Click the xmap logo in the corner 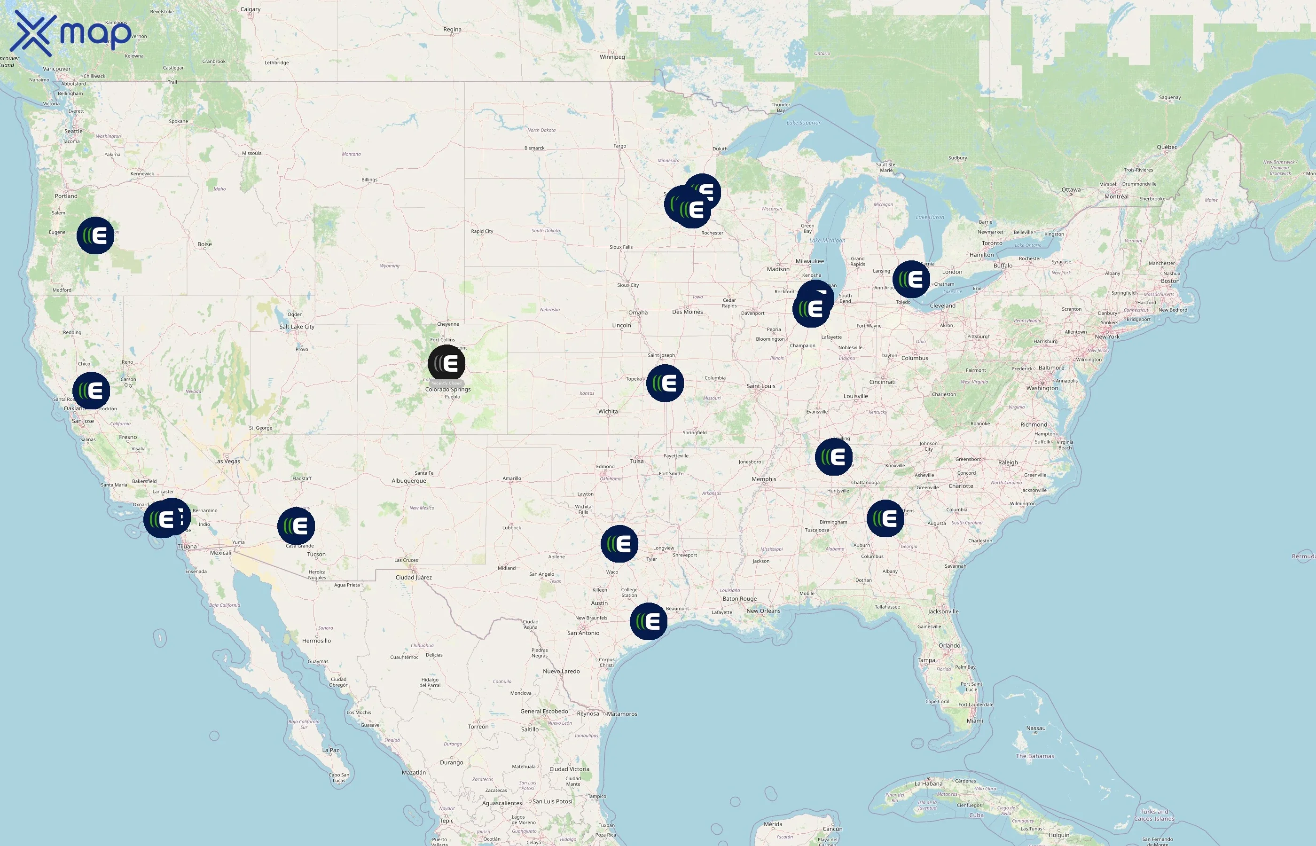click(x=71, y=33)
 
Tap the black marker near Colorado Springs click(x=446, y=364)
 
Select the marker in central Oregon click(x=95, y=235)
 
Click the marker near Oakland click(x=91, y=391)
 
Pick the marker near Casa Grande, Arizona click(x=296, y=526)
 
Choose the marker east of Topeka click(x=665, y=383)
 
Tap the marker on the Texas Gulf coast click(x=649, y=621)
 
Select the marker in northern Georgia click(x=885, y=518)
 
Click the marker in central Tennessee click(x=834, y=456)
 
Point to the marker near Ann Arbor click(x=911, y=280)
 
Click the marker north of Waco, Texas click(x=619, y=544)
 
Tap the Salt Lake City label click(x=297, y=327)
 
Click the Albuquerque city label click(x=408, y=481)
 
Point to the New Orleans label click(x=763, y=611)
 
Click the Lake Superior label click(x=803, y=123)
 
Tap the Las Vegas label click(x=227, y=462)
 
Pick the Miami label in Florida click(x=975, y=721)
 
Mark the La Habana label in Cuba click(x=928, y=783)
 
